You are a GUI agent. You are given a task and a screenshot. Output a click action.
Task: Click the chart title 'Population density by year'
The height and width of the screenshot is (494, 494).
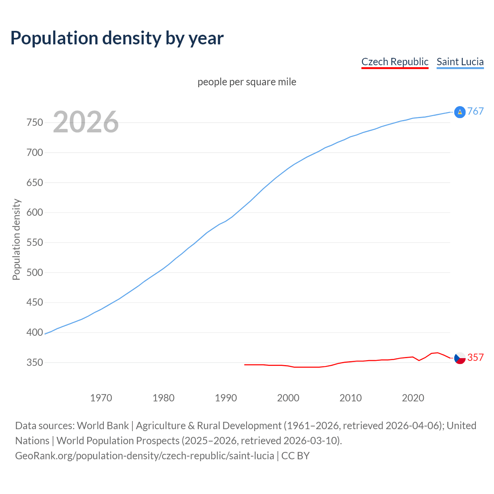click(x=117, y=38)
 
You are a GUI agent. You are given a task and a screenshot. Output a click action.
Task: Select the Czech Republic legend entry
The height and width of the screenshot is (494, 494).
click(x=395, y=62)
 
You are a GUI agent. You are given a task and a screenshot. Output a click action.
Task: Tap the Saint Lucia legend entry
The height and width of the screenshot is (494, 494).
click(x=460, y=62)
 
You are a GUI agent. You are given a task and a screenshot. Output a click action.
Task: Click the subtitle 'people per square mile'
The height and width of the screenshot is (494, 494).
click(x=247, y=82)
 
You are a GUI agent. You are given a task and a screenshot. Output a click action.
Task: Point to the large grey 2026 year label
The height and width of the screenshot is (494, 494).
click(x=86, y=122)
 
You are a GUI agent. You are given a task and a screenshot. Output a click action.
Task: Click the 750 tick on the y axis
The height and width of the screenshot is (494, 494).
click(x=35, y=123)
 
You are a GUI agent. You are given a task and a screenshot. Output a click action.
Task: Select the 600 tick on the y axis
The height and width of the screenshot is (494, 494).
click(x=35, y=213)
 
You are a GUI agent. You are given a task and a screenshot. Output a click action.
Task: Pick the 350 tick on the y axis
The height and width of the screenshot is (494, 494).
click(x=35, y=362)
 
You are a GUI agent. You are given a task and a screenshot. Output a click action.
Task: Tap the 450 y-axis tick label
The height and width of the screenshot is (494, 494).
click(x=35, y=303)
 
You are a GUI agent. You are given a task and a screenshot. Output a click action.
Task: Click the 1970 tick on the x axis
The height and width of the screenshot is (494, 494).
click(x=101, y=398)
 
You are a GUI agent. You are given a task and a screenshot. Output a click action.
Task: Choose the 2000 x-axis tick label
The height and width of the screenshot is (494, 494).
click(x=288, y=398)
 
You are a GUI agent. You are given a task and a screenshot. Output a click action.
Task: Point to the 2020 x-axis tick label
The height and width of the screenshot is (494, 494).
click(x=413, y=398)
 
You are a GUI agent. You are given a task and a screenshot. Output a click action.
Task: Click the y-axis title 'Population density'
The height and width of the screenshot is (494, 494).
click(x=16, y=239)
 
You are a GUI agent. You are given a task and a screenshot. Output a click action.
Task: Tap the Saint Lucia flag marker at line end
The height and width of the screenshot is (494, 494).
click(x=460, y=112)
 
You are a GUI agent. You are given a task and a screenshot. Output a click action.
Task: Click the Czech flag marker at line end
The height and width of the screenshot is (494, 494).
click(x=460, y=358)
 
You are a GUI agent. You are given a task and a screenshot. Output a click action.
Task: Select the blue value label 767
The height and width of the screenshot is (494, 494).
click(x=475, y=112)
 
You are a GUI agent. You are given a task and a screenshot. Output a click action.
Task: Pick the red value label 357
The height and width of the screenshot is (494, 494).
click(x=475, y=358)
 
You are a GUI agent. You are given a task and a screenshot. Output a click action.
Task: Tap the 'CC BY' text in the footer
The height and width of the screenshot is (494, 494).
click(x=296, y=456)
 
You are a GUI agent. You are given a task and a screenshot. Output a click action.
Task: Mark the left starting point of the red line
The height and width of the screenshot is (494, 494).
click(x=245, y=365)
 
